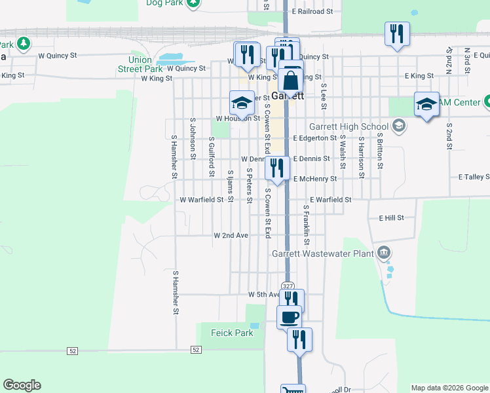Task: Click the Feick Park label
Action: click(x=232, y=333)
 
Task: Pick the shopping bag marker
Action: click(x=290, y=81)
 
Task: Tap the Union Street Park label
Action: click(x=140, y=64)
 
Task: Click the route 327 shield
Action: click(x=288, y=286)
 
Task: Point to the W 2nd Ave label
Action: click(x=231, y=235)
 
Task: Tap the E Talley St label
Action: click(x=474, y=177)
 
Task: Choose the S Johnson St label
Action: click(x=193, y=138)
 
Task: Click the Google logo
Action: click(x=22, y=385)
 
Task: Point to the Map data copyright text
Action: click(x=449, y=387)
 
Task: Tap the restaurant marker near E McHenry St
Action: click(x=277, y=168)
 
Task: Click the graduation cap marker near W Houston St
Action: click(x=241, y=103)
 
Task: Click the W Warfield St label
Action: click(x=202, y=199)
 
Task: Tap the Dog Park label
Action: click(x=163, y=3)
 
